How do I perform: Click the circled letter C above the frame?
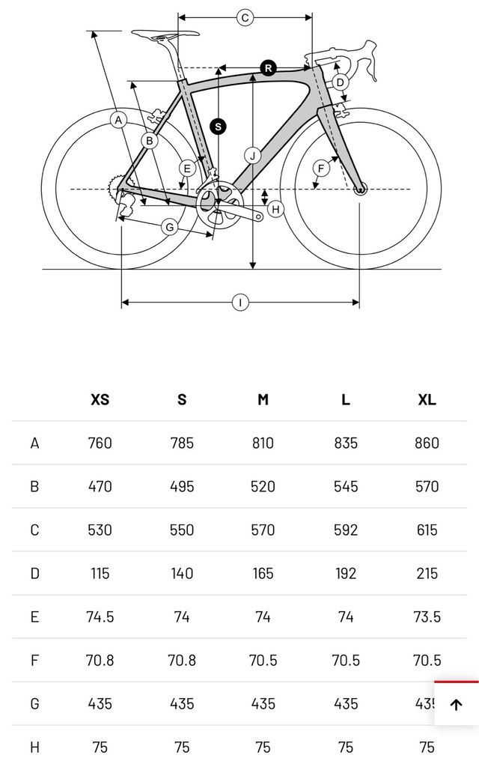tap(245, 18)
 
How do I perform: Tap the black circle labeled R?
tap(269, 68)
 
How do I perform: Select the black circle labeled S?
tap(218, 127)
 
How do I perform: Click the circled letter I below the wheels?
tap(240, 303)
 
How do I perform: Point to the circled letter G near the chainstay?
tap(170, 226)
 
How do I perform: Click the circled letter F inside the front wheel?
tap(320, 169)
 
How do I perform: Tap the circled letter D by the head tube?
tap(340, 82)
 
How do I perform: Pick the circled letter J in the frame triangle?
tap(253, 156)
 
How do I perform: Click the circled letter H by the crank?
tap(275, 209)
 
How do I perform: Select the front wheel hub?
tap(360, 189)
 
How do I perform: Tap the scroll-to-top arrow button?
tap(457, 704)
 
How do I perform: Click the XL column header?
tap(427, 399)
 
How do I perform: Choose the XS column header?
tap(100, 399)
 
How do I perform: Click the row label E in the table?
tap(34, 617)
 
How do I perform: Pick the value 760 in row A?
tap(100, 443)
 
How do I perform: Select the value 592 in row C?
tap(345, 530)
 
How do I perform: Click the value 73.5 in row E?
tap(427, 617)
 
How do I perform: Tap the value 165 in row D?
tap(263, 574)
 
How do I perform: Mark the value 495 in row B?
tap(182, 486)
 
